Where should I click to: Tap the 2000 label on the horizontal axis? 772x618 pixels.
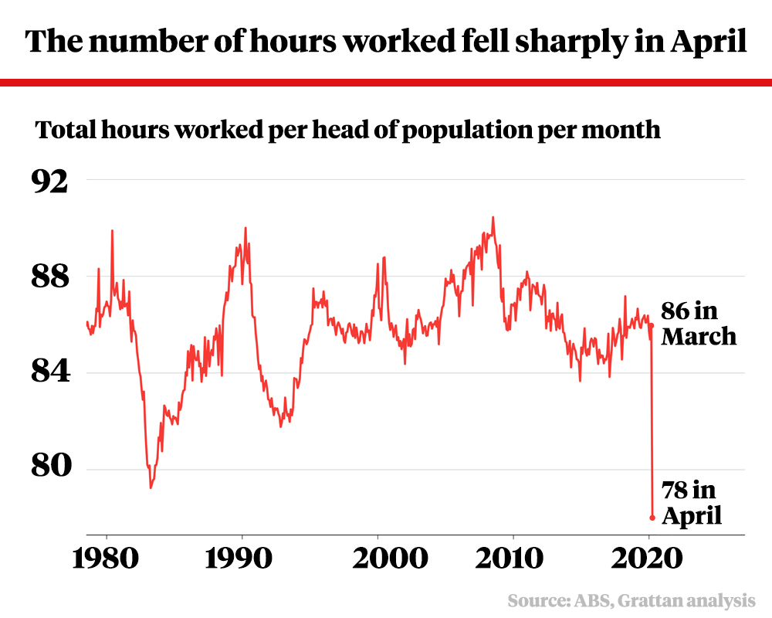pyautogui.click(x=378, y=559)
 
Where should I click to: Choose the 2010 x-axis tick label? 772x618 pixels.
pyautogui.click(x=513, y=559)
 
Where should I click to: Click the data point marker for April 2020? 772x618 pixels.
pyautogui.click(x=652, y=518)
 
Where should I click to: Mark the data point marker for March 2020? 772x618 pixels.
pyautogui.click(x=652, y=325)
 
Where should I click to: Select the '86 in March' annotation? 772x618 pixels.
pyautogui.click(x=699, y=324)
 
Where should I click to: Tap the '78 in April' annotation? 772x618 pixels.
pyautogui.click(x=692, y=502)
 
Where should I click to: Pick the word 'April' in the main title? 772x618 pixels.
pyautogui.click(x=709, y=42)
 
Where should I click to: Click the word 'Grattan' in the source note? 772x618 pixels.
pyautogui.click(x=656, y=600)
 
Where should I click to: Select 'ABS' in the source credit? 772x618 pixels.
pyautogui.click(x=591, y=600)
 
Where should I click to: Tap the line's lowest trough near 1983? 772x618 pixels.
pyautogui.click(x=151, y=487)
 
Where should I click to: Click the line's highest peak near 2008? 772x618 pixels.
pyautogui.click(x=493, y=217)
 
